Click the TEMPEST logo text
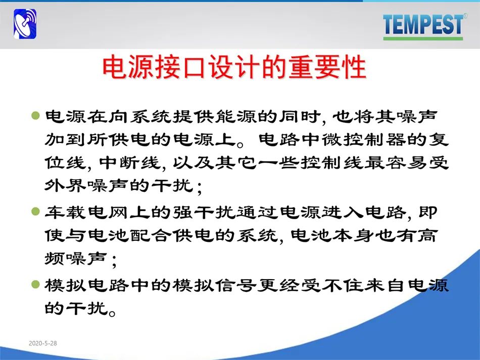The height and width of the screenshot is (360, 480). coord(423,24)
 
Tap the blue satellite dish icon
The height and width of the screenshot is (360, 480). coord(25,24)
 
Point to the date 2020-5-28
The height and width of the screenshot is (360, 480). coord(43,343)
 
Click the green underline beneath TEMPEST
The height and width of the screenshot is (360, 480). coord(423,38)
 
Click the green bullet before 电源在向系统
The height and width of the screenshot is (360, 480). coord(36,115)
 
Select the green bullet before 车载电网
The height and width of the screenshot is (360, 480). coord(36,211)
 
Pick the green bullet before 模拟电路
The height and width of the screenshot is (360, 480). coord(36,284)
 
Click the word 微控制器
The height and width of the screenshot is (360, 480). coord(363,139)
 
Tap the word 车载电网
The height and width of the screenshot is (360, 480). coord(86,212)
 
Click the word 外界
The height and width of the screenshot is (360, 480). coord(65,185)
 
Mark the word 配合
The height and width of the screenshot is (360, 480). coord(150,235)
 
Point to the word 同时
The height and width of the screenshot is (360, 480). coord(300,116)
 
